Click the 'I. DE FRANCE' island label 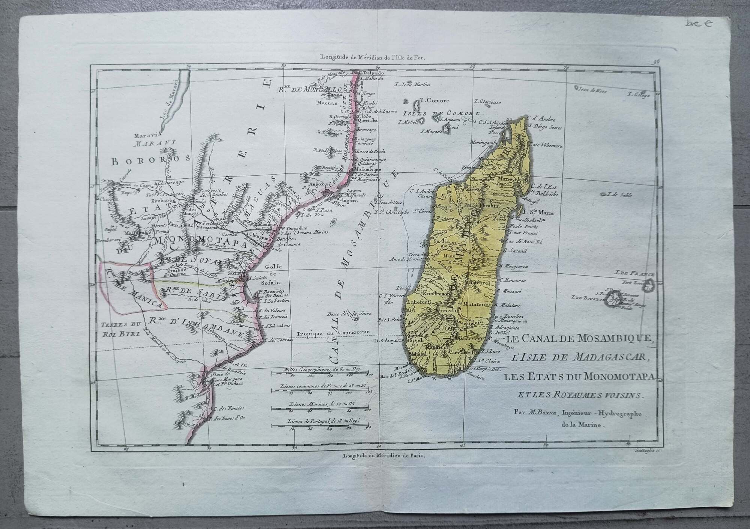[634, 274]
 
